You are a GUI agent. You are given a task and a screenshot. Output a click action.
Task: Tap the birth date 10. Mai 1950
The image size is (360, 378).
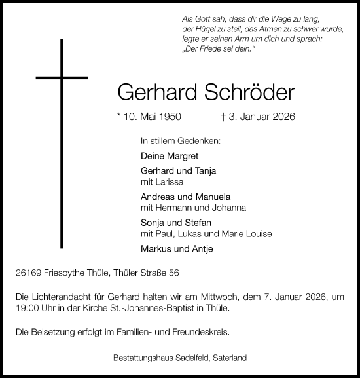click(152, 118)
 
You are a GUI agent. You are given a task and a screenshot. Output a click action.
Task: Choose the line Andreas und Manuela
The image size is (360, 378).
click(186, 197)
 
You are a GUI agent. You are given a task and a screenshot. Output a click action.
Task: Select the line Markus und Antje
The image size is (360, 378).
click(177, 249)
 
